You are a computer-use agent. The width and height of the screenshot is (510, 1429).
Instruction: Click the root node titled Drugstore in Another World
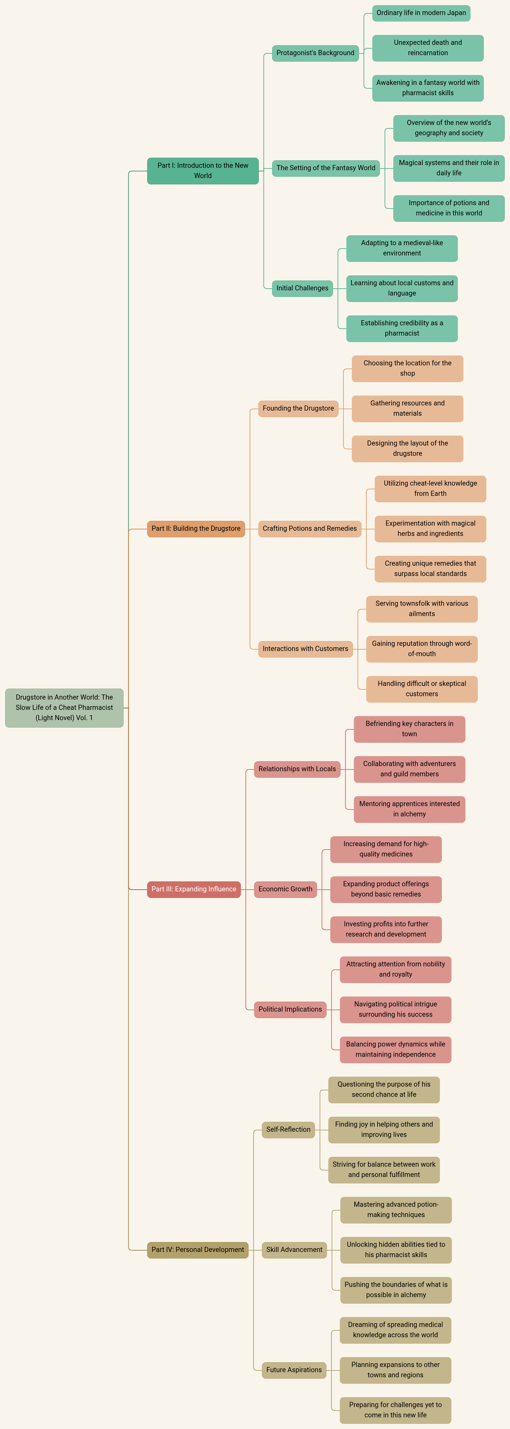(64, 708)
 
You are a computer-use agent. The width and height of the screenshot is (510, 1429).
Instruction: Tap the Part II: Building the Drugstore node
(196, 529)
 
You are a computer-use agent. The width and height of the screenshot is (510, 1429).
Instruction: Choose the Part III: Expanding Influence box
(194, 889)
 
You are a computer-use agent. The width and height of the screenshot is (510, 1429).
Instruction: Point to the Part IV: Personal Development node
(198, 1250)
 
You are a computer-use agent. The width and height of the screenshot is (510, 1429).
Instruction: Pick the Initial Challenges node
(303, 288)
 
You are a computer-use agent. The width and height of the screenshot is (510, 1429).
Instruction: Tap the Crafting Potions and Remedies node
(310, 529)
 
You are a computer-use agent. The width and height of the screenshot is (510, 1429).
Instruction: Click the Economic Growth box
(285, 889)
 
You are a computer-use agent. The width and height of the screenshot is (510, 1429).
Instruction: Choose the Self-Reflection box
(288, 1129)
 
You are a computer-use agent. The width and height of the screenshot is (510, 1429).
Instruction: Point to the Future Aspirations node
(294, 1370)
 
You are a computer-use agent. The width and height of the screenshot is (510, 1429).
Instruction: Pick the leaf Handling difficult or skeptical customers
(422, 689)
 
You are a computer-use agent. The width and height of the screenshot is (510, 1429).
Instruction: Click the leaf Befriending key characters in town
(410, 729)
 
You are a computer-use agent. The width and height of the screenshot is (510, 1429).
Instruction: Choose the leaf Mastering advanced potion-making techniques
(396, 1210)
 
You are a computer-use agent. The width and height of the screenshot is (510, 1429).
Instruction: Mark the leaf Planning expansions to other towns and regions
(395, 1370)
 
